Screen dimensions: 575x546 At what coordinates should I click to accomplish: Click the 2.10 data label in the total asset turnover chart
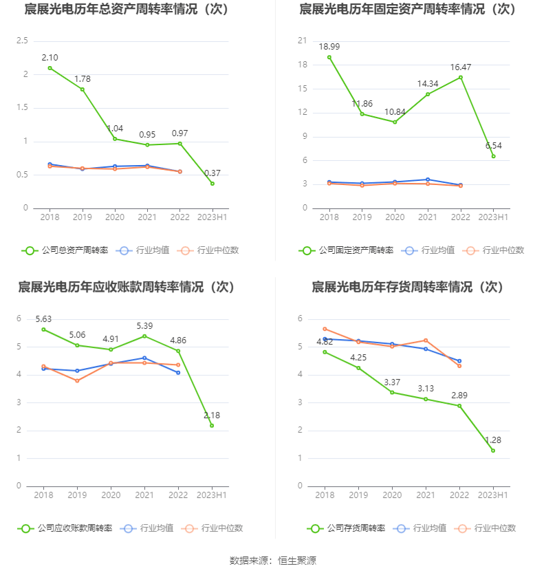50,57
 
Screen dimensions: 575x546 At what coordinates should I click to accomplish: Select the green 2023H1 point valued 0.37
212,184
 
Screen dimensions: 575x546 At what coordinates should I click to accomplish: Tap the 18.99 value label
329,47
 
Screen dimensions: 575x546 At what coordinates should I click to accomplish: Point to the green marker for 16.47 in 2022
461,77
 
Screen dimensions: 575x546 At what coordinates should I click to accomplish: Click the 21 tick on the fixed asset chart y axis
302,41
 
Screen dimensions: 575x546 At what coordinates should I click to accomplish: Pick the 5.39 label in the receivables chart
145,325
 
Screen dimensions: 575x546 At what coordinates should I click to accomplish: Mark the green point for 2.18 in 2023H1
212,426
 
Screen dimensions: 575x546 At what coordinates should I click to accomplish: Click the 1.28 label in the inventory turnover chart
492,440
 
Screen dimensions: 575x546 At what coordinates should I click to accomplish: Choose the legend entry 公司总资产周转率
65,250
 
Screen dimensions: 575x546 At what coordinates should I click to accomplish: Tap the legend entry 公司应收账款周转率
65,528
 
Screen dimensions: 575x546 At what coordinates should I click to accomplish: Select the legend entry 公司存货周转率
347,528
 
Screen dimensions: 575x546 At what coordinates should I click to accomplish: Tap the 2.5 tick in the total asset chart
22,41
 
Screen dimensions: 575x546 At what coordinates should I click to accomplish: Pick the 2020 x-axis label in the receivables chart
111,495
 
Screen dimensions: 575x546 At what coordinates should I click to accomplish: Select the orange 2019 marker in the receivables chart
77,380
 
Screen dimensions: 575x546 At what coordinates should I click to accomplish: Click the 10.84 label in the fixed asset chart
395,111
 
